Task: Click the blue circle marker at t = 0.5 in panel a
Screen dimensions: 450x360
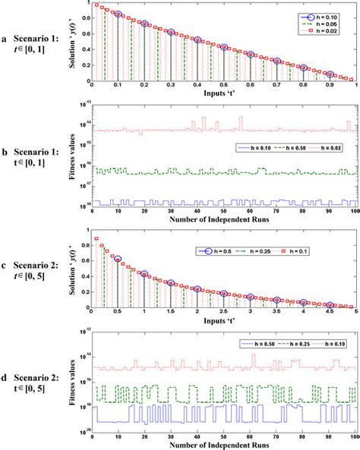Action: point(223,48)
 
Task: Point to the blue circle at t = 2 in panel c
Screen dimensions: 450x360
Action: point(197,268)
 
